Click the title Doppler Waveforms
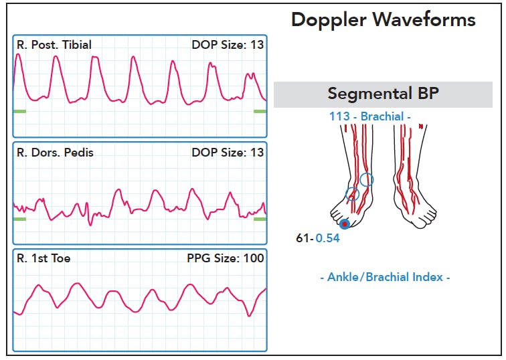pyautogui.click(x=384, y=20)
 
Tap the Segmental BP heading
pyautogui.click(x=384, y=94)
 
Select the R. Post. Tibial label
pyautogui.click(x=54, y=45)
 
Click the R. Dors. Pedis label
pyautogui.click(x=55, y=153)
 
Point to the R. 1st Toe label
pyautogui.click(x=44, y=258)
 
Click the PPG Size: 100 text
pyautogui.click(x=226, y=258)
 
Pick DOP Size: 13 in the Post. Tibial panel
pyautogui.click(x=228, y=45)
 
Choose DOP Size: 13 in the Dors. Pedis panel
pyautogui.click(x=228, y=153)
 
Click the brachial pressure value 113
pyautogui.click(x=339, y=116)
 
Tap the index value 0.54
pyautogui.click(x=327, y=238)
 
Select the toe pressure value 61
pyautogui.click(x=303, y=238)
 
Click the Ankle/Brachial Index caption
pyautogui.click(x=385, y=277)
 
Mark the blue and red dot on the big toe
pyautogui.click(x=345, y=224)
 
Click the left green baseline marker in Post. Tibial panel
pyautogui.click(x=19, y=112)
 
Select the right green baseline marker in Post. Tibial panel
pyautogui.click(x=260, y=112)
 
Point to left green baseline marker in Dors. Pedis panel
pyautogui.click(x=19, y=219)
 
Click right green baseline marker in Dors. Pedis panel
pyautogui.click(x=260, y=219)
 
